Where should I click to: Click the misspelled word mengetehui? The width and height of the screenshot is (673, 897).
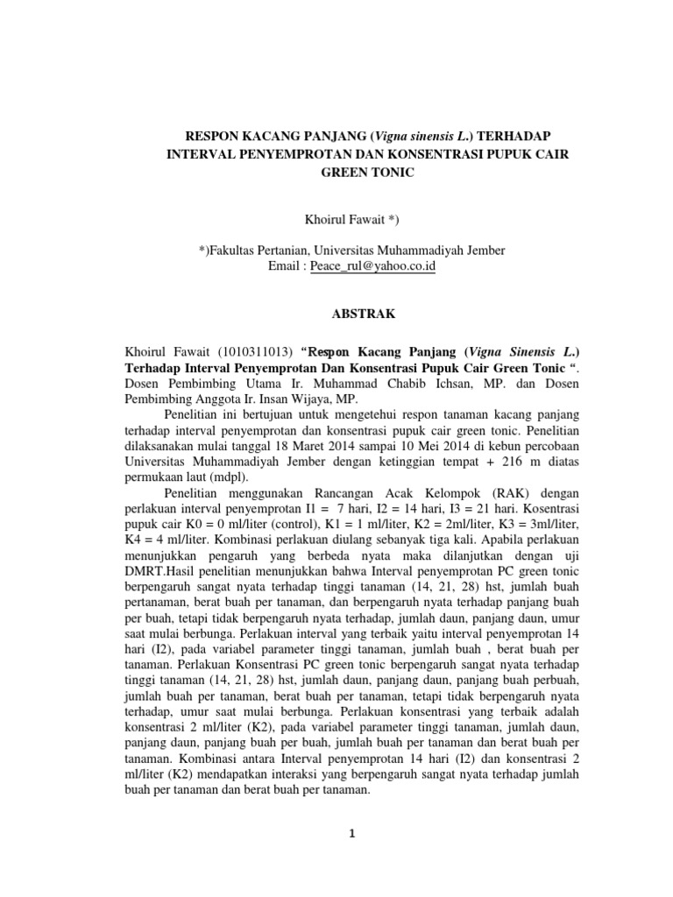[331, 413]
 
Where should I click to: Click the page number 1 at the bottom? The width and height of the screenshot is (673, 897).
[351, 834]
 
